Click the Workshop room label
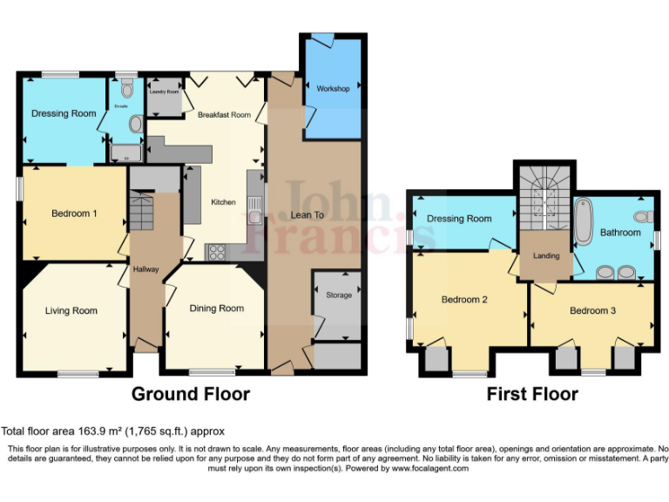[333, 89]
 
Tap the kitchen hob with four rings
[216, 253]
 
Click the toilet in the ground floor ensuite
[127, 88]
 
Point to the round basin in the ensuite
[135, 125]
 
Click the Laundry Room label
[164, 92]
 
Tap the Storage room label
[339, 295]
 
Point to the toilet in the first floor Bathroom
[643, 217]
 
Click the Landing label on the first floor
[546, 255]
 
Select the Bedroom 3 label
[592, 311]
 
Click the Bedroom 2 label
[463, 300]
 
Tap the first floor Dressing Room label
[459, 219]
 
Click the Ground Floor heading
[190, 394]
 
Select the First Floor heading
[532, 394]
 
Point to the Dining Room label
[217, 309]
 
